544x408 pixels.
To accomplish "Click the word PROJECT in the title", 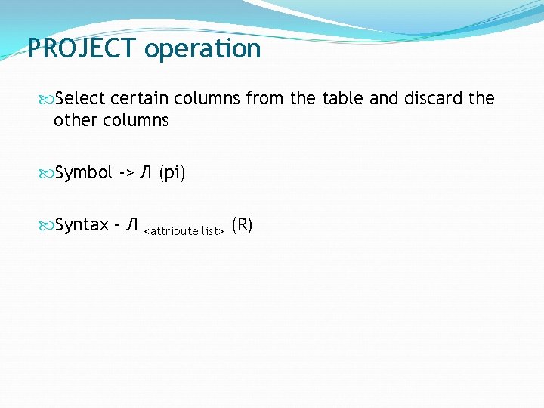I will point(82,49).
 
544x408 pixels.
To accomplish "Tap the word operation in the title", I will point(202,50).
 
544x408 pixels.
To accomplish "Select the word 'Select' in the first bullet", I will point(80,98).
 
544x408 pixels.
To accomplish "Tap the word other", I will point(74,121).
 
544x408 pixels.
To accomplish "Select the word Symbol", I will point(84,173).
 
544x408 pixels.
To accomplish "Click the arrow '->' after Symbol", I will point(126,173).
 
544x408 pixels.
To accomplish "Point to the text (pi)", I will point(172,173).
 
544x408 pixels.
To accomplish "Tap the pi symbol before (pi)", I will point(146,173).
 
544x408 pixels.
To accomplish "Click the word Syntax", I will point(82,225).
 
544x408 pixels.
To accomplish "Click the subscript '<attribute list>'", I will point(184,230).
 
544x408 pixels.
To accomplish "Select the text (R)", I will point(242,224).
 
